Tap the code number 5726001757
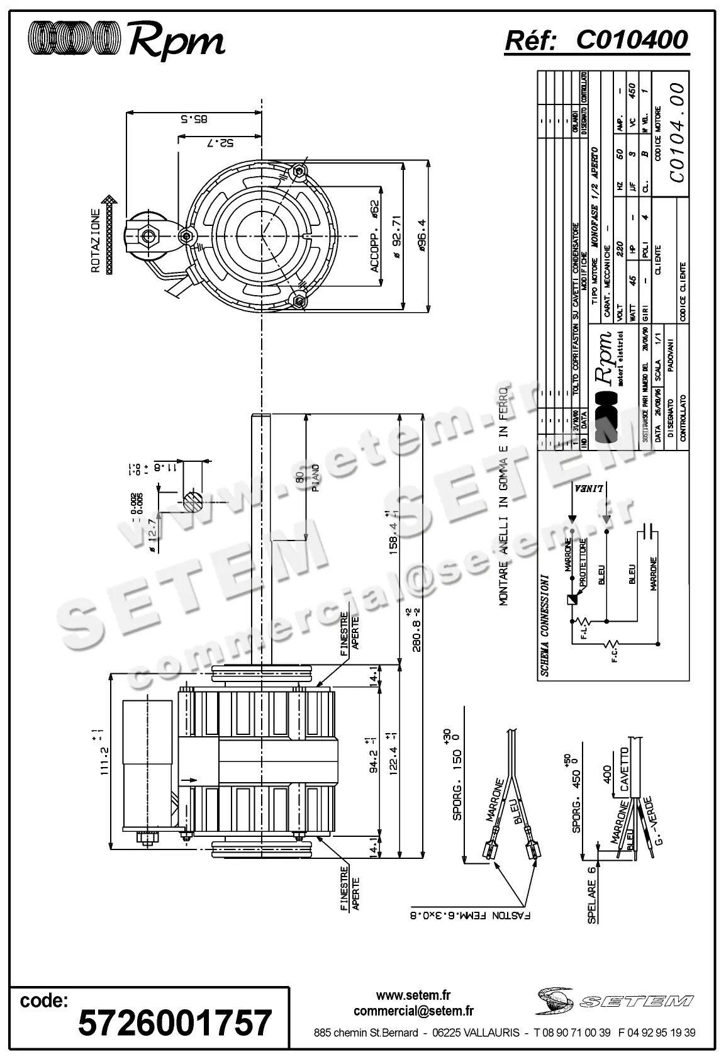(x=174, y=1023)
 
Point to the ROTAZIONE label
(x=96, y=240)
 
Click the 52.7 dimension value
(x=220, y=143)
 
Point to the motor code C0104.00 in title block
(x=676, y=132)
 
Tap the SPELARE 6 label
(x=591, y=894)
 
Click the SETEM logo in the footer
(x=615, y=1000)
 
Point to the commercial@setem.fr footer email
(x=413, y=1011)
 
